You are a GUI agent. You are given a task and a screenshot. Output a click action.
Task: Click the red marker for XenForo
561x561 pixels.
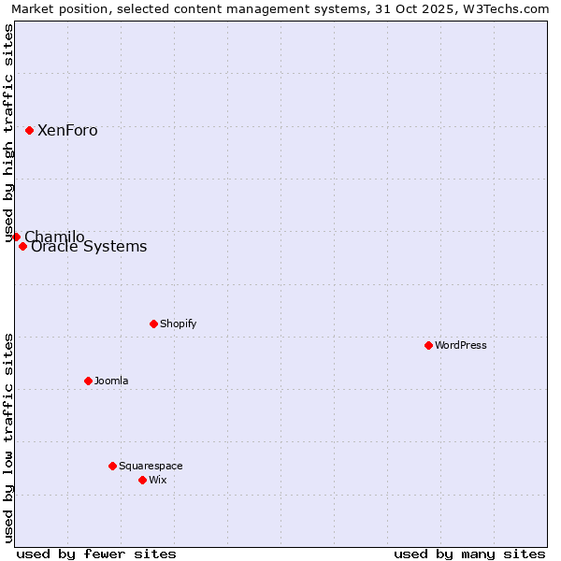tap(29, 130)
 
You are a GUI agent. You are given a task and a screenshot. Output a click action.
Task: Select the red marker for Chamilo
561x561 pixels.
tap(16, 237)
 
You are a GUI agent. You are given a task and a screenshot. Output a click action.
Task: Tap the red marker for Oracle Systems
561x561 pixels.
tap(22, 247)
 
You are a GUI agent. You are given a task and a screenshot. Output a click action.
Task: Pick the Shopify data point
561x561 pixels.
tap(153, 324)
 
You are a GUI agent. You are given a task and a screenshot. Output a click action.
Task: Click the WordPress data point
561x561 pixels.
tap(428, 345)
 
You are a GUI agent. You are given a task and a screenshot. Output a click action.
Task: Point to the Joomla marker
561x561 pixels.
tap(88, 381)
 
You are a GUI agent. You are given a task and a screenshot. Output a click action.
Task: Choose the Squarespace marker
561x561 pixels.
tap(112, 466)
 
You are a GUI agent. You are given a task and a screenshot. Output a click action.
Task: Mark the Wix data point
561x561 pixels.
tap(142, 480)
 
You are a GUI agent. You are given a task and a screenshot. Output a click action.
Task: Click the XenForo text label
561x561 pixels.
tap(67, 131)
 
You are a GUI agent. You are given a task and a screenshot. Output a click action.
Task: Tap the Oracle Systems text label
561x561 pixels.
tap(89, 247)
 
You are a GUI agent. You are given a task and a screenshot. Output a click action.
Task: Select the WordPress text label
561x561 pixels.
tap(461, 345)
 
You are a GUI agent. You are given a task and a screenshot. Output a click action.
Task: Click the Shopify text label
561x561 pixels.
tap(179, 324)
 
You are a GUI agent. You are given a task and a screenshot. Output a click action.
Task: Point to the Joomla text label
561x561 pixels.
tap(111, 381)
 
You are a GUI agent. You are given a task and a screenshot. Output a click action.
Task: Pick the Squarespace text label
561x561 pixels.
tap(151, 466)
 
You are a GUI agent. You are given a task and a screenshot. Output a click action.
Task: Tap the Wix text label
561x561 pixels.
tap(158, 480)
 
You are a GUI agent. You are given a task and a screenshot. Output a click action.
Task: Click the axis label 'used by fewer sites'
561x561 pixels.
tap(96, 554)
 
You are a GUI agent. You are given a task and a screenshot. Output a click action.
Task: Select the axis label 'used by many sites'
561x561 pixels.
tap(469, 554)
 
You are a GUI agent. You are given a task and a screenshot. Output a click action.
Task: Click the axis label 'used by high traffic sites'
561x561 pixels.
tap(9, 134)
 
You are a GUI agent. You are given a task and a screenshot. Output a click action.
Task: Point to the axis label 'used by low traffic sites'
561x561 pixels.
tap(9, 438)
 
